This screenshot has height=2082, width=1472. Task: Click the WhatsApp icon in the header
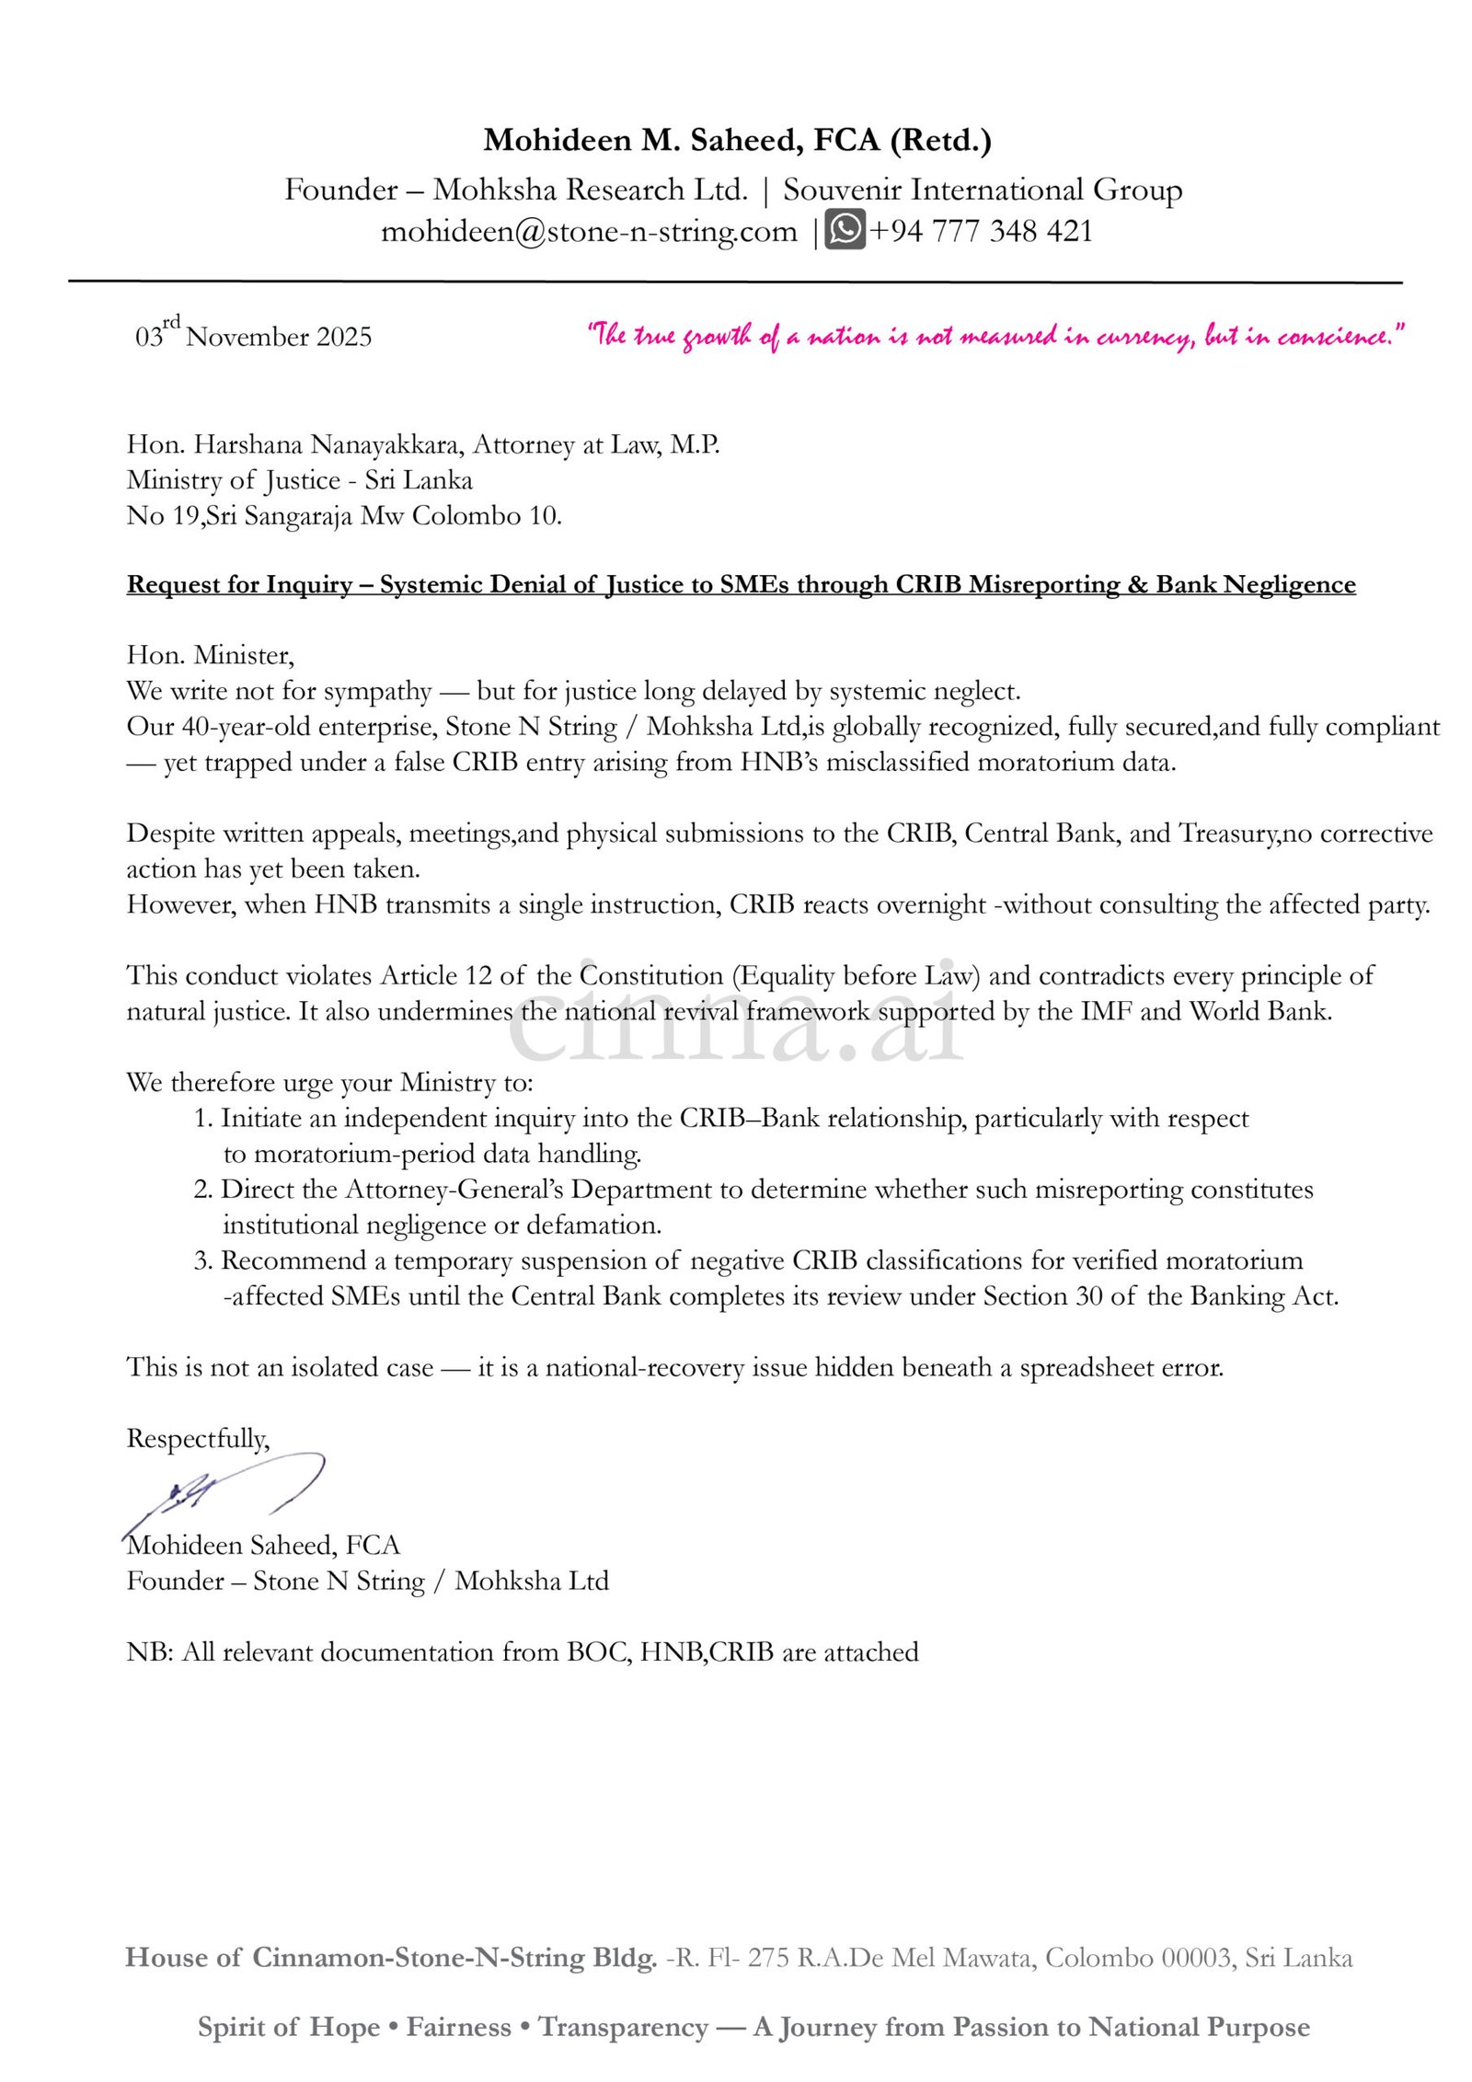(844, 230)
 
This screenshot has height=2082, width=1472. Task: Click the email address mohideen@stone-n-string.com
(589, 231)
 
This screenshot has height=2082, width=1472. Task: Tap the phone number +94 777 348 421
(981, 231)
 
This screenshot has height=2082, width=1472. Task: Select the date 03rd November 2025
(253, 335)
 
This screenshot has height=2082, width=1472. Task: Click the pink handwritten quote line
(996, 336)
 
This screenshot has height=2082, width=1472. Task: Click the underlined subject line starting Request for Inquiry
(741, 584)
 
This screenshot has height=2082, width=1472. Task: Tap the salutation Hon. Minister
(210, 655)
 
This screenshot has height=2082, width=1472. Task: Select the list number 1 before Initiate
(202, 1119)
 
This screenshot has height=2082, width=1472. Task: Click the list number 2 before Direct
(202, 1190)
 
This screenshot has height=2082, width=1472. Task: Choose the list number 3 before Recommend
(202, 1260)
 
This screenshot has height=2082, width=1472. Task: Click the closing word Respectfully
(198, 1439)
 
